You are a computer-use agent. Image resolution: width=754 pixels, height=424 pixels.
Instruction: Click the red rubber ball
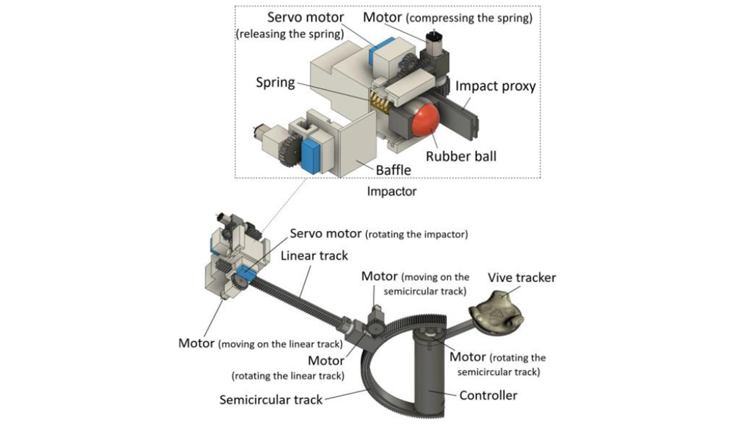(425, 121)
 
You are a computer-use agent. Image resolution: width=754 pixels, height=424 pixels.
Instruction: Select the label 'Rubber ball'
(461, 157)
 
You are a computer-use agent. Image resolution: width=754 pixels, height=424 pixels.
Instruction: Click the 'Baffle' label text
(393, 170)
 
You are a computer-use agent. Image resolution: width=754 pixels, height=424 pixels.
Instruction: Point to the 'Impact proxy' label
(495, 87)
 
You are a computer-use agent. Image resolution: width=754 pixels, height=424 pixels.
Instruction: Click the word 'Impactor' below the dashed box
(392, 191)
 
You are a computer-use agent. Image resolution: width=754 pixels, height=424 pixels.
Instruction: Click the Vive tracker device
(496, 313)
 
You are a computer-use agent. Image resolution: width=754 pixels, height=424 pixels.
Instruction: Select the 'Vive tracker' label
(522, 277)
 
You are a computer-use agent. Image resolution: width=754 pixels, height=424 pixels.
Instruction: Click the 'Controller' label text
(488, 395)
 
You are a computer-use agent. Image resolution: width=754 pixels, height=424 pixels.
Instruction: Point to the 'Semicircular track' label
(271, 400)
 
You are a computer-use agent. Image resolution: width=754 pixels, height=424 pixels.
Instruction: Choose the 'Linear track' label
(314, 256)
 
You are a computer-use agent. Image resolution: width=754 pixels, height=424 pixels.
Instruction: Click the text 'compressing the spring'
(469, 18)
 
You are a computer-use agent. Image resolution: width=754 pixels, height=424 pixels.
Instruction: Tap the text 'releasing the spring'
(290, 34)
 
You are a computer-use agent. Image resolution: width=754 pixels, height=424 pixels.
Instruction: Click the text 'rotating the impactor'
(416, 234)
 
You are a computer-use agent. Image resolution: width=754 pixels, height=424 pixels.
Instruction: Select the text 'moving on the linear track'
(280, 344)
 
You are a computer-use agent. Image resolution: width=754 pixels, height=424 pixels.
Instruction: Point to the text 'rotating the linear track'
(288, 376)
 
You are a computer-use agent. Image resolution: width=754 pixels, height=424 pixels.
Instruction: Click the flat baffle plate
(358, 144)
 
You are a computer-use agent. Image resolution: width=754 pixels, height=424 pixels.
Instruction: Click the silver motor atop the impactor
(434, 41)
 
